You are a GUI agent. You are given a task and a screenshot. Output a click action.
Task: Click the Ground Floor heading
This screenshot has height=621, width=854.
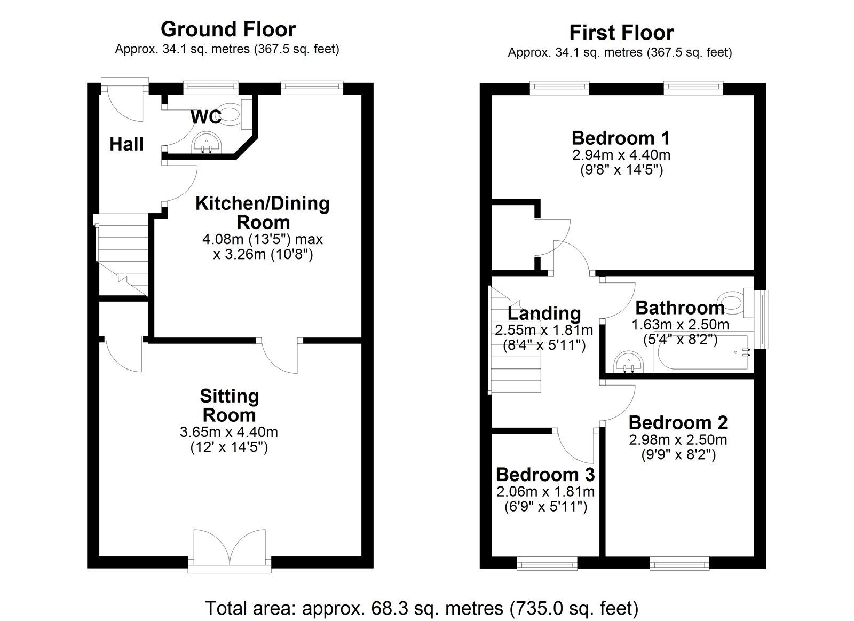[228, 29]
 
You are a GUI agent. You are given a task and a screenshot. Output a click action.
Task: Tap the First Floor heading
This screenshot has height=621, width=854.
[621, 33]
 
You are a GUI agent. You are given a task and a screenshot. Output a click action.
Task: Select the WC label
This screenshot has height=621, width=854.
[206, 117]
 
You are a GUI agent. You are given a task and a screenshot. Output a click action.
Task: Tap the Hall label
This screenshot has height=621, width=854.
[126, 144]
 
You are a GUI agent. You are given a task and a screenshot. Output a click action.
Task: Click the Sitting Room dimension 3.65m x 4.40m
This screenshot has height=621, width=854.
[229, 432]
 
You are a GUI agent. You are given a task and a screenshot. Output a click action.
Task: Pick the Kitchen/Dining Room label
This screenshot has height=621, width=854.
[262, 213]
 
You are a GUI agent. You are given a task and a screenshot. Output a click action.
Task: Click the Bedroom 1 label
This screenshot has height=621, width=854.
[621, 138]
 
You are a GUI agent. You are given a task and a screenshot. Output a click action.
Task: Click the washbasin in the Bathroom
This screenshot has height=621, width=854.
[629, 363]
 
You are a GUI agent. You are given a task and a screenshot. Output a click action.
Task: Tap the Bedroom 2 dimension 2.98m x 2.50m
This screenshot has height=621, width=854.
[678, 440]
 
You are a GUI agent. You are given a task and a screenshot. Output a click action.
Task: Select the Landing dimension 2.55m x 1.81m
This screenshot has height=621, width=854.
[544, 330]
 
